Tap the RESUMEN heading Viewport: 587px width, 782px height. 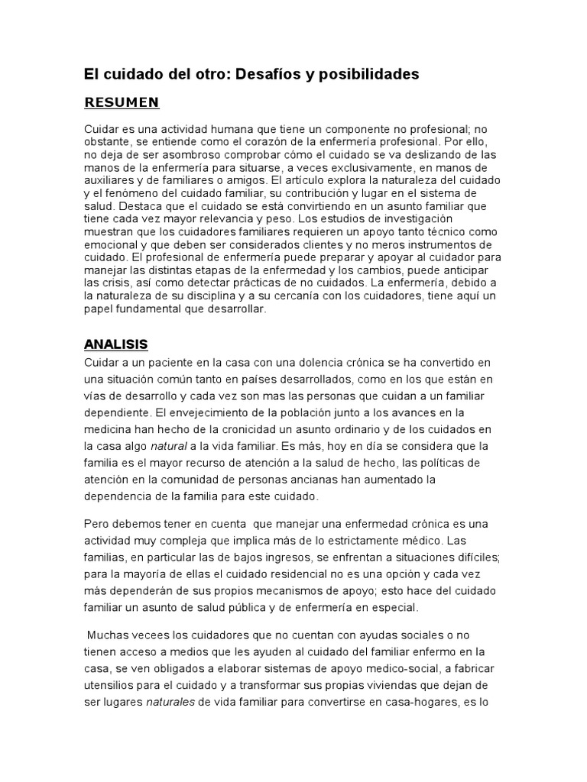click(122, 102)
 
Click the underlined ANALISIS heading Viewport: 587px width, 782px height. click(116, 344)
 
